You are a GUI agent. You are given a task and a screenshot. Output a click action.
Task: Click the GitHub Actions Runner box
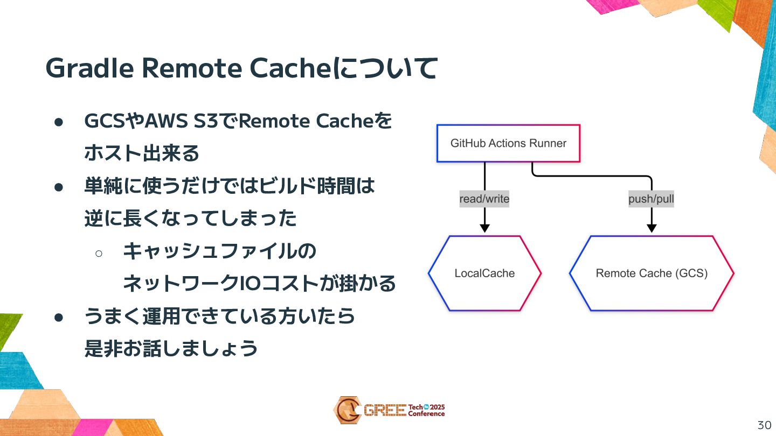(x=508, y=143)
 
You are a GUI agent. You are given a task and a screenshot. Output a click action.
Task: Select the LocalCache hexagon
(x=484, y=273)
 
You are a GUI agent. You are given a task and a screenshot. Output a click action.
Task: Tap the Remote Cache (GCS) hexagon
(x=652, y=273)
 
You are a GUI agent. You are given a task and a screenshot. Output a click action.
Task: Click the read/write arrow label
(x=484, y=199)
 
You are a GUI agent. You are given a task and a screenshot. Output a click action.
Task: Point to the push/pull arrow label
(x=651, y=199)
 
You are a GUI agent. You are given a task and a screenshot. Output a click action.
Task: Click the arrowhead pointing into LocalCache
(x=484, y=228)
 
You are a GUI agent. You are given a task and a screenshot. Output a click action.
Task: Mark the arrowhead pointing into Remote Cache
(x=652, y=228)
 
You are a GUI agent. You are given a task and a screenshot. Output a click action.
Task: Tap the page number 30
(x=764, y=425)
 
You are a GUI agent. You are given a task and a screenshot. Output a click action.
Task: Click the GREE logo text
(x=384, y=411)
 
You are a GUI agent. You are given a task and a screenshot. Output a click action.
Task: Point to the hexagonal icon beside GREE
(x=347, y=410)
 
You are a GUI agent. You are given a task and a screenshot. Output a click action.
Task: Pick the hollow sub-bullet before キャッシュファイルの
(x=99, y=252)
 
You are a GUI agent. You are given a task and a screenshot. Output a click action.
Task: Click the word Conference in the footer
(x=426, y=414)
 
